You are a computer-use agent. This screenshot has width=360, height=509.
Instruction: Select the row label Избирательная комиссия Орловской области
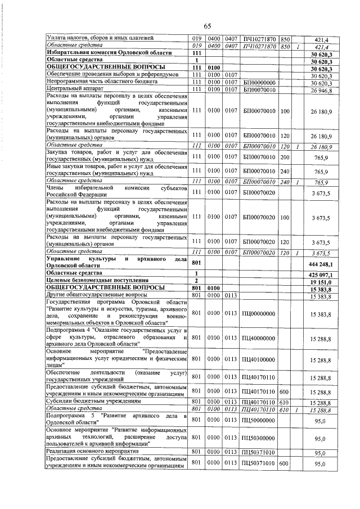[x=101, y=53]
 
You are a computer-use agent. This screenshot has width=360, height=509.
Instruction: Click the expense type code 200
[x=284, y=160]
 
